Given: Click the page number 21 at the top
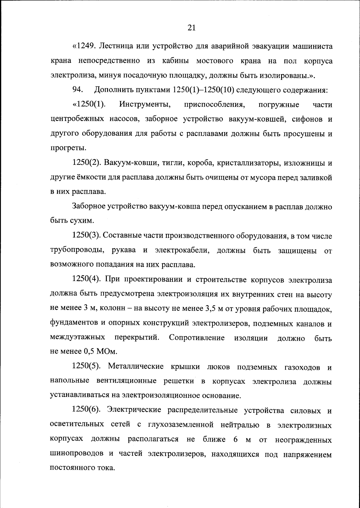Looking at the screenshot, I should click(192, 28).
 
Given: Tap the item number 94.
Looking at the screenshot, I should click(77, 90).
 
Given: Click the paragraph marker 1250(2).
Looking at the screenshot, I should click(86, 163).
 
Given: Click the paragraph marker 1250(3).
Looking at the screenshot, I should click(86, 236).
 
